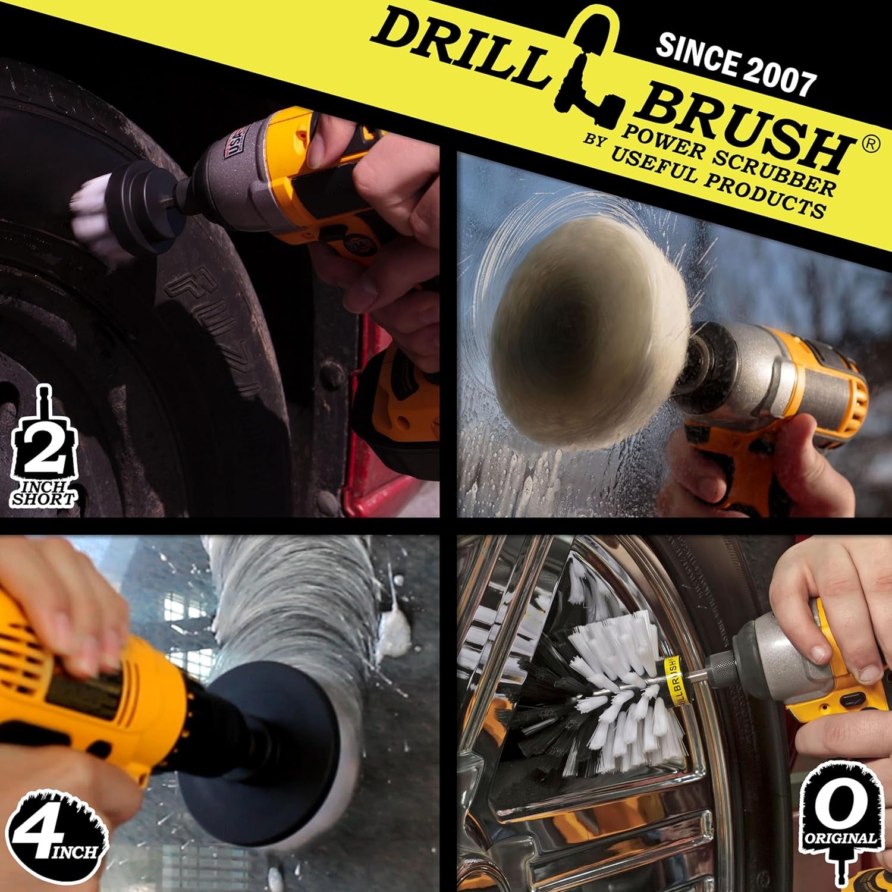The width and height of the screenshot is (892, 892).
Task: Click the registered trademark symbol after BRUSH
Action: point(869,145)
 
